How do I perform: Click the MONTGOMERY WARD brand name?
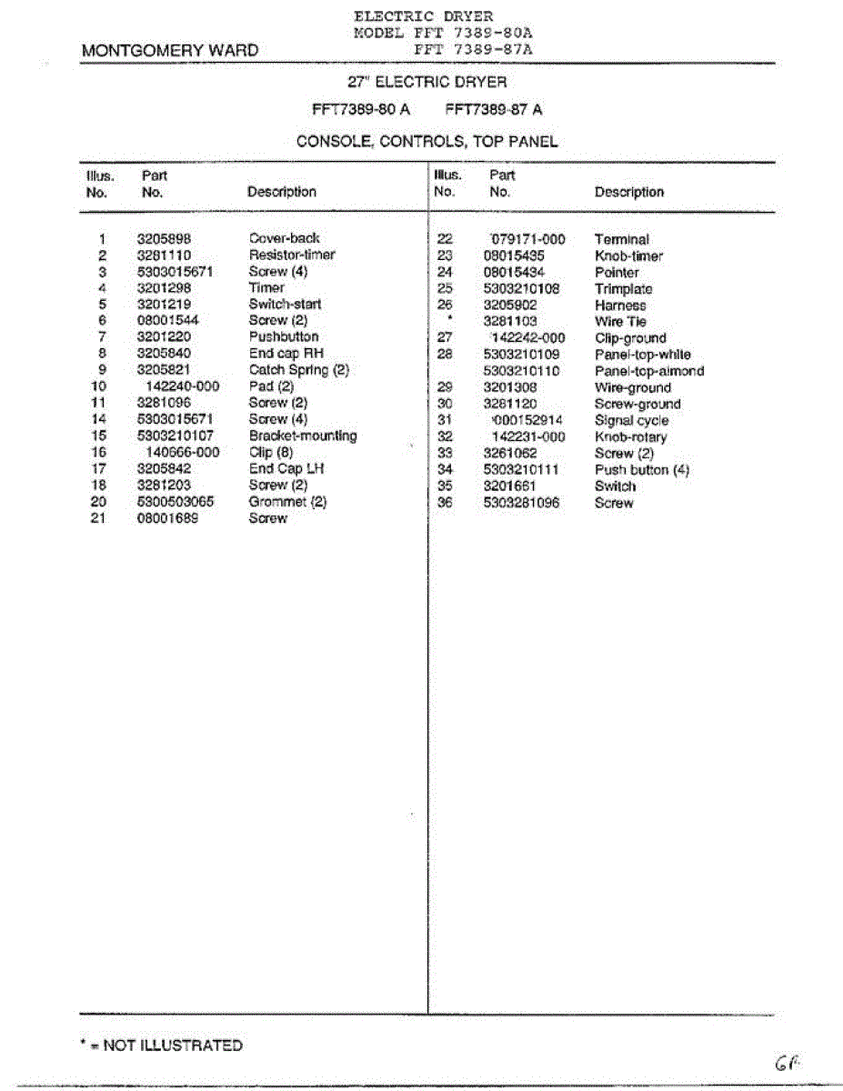tap(169, 51)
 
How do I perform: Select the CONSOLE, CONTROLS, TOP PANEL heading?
tap(427, 142)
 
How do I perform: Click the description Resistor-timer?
tap(292, 255)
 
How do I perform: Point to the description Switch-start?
tap(285, 305)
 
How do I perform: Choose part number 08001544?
tap(167, 321)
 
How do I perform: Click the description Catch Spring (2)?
tap(298, 370)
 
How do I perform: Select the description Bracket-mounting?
tap(303, 436)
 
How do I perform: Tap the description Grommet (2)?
tap(287, 502)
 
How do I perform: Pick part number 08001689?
tap(167, 518)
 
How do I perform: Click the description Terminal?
tap(622, 240)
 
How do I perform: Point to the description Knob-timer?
tap(628, 256)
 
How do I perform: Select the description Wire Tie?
tap(620, 322)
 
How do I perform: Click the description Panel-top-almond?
tap(649, 371)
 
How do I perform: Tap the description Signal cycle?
tap(631, 421)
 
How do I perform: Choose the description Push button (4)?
tap(642, 470)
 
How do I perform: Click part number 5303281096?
tap(521, 503)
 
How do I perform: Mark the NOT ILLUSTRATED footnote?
tap(162, 1046)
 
